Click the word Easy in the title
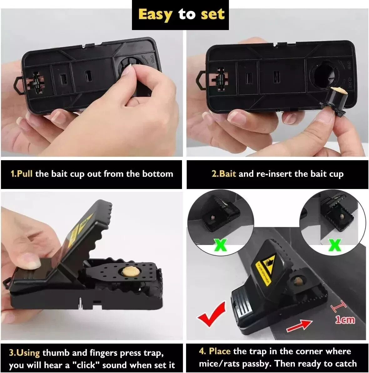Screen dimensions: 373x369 155,15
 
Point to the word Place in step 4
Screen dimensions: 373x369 220,351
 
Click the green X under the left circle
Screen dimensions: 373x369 221,244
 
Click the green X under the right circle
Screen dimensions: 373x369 335,244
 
